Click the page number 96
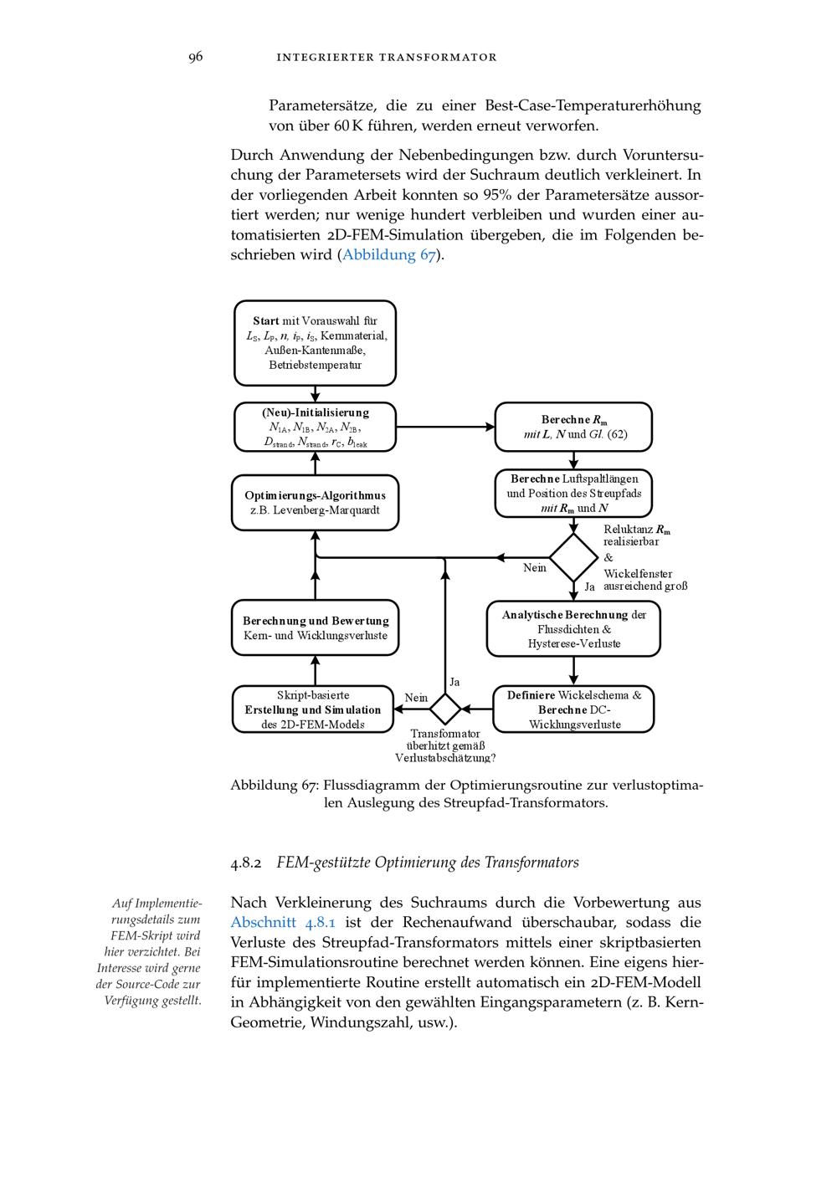[x=195, y=57]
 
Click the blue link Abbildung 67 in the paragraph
[x=389, y=255]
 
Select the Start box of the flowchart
[x=315, y=343]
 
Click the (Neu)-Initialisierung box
[x=315, y=427]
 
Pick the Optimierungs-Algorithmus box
[x=315, y=502]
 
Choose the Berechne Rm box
[x=573, y=427]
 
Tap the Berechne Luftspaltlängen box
[x=573, y=493]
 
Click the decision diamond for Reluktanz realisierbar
[x=573, y=557]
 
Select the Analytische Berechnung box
[x=573, y=628]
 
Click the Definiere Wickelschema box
[x=573, y=709]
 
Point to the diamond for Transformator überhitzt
[x=444, y=709]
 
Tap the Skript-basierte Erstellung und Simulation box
[x=312, y=709]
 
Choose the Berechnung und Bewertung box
[x=315, y=628]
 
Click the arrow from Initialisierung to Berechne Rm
[x=445, y=427]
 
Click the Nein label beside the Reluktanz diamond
[x=534, y=568]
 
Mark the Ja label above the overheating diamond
[x=454, y=682]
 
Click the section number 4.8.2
[x=246, y=863]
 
